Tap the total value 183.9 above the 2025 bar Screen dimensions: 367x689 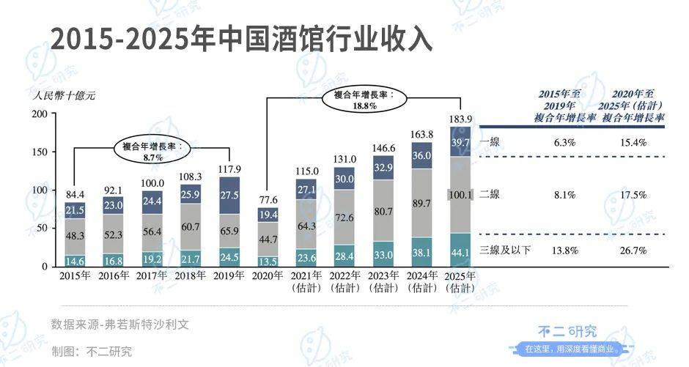pyautogui.click(x=460, y=119)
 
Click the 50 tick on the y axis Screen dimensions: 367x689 pyautogui.click(x=43, y=228)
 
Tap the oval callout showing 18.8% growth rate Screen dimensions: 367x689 pyautogui.click(x=364, y=100)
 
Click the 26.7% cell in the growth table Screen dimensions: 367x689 pyautogui.click(x=632, y=251)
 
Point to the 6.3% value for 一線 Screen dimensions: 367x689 pyautogui.click(x=566, y=143)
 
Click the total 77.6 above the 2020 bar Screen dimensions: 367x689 pyautogui.click(x=268, y=200)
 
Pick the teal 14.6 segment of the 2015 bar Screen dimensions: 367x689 pyautogui.click(x=75, y=260)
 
